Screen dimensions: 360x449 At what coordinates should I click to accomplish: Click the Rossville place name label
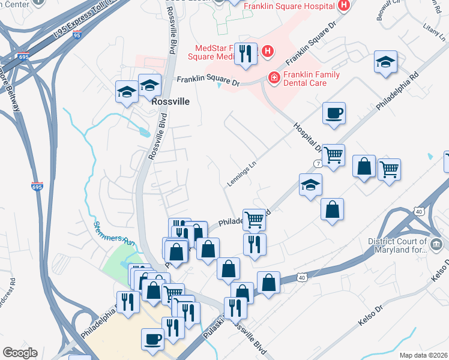click(170, 101)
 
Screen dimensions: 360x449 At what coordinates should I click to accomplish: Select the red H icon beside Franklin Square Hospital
click(343, 6)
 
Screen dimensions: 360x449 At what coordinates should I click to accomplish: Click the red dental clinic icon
click(274, 77)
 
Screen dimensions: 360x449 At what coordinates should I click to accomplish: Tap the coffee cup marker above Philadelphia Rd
click(334, 113)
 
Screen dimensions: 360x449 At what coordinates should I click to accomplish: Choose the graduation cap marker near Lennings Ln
click(310, 185)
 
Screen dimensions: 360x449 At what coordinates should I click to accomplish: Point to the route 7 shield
click(318, 163)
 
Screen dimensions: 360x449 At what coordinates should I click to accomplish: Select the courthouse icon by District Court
click(436, 244)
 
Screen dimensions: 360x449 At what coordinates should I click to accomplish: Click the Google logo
click(20, 353)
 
